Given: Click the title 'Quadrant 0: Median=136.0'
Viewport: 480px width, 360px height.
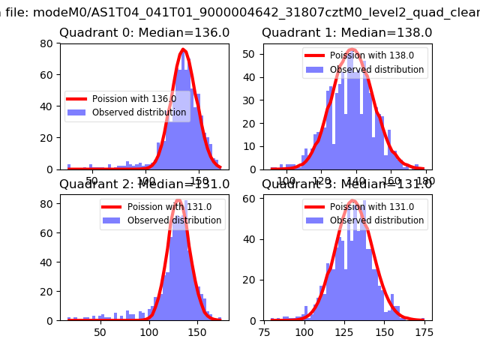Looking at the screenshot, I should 145,33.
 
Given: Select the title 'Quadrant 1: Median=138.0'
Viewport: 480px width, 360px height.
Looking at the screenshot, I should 346,33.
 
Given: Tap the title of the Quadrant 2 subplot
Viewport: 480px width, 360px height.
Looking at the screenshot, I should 145,184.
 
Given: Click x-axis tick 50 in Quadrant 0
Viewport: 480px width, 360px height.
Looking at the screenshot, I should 93,181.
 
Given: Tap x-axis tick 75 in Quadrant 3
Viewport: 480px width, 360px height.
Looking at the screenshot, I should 264,332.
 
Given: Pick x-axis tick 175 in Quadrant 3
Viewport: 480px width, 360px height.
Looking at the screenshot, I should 424,332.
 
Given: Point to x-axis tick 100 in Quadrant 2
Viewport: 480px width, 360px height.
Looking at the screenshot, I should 149,332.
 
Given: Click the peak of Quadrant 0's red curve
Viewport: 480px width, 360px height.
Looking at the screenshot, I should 183,50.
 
